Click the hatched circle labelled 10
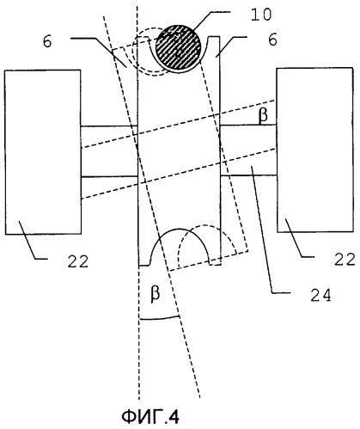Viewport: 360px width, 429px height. pyautogui.click(x=178, y=48)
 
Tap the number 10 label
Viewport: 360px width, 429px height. pyautogui.click(x=261, y=15)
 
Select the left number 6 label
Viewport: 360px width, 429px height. pyautogui.click(x=47, y=41)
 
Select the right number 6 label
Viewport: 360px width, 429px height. pyautogui.click(x=272, y=40)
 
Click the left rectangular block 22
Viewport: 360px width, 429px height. pyautogui.click(x=43, y=152)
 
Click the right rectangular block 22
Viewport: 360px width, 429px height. pyautogui.click(x=314, y=150)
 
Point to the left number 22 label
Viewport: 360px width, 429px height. pyautogui.click(x=78, y=261)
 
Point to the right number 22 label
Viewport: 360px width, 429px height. pyautogui.click(x=345, y=260)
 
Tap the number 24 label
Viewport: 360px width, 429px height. pyautogui.click(x=320, y=295)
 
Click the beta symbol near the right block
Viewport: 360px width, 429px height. pyautogui.click(x=263, y=114)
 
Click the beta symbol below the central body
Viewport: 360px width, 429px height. pyautogui.click(x=156, y=293)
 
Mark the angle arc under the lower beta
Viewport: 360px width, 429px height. pyautogui.click(x=159, y=318)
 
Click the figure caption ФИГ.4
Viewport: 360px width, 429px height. pyautogui.click(x=150, y=416)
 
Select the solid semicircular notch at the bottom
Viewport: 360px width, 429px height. pyautogui.click(x=180, y=230)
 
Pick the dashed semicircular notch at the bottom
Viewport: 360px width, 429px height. pyautogui.click(x=207, y=225)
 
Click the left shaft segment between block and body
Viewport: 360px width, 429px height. pyautogui.click(x=110, y=151)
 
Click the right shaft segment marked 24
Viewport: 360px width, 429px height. pyautogui.click(x=248, y=150)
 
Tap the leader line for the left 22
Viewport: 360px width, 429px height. pyautogui.click(x=32, y=240)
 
